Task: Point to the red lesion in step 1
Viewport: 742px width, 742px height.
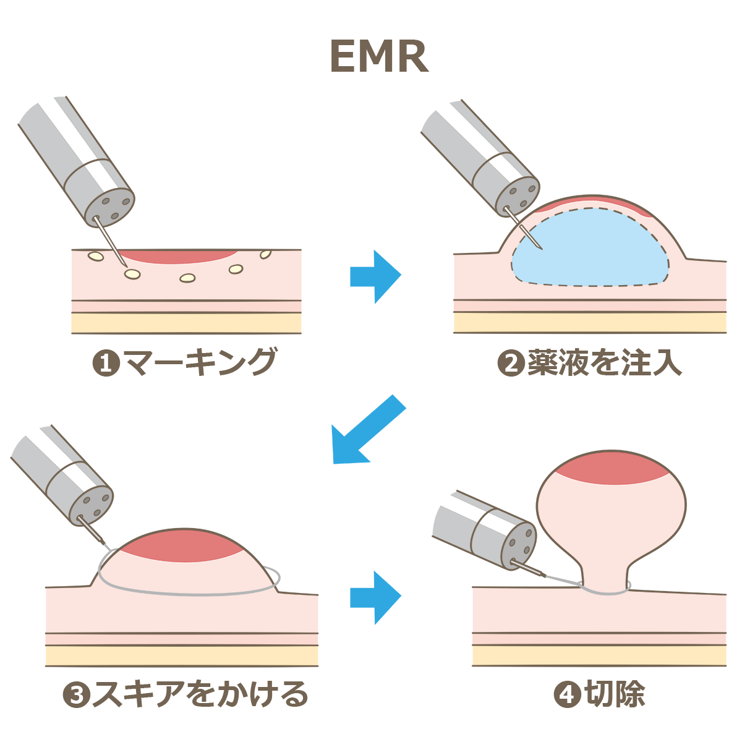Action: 179,256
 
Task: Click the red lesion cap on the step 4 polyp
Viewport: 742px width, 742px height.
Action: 612,467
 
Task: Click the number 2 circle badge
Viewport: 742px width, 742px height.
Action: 510,364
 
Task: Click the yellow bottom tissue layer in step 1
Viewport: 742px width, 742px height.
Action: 185,323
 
